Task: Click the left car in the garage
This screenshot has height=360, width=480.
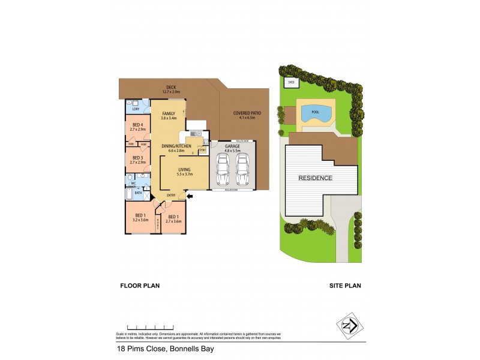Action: (222, 170)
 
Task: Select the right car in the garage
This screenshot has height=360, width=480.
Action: (242, 170)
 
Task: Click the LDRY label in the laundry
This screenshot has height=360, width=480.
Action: (136, 109)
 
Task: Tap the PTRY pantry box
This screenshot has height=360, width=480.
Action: (203, 150)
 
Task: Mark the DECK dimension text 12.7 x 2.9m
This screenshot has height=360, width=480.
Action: (173, 92)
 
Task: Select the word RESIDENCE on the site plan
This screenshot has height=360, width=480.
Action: (315, 178)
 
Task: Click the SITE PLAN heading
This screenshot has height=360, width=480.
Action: (344, 286)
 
